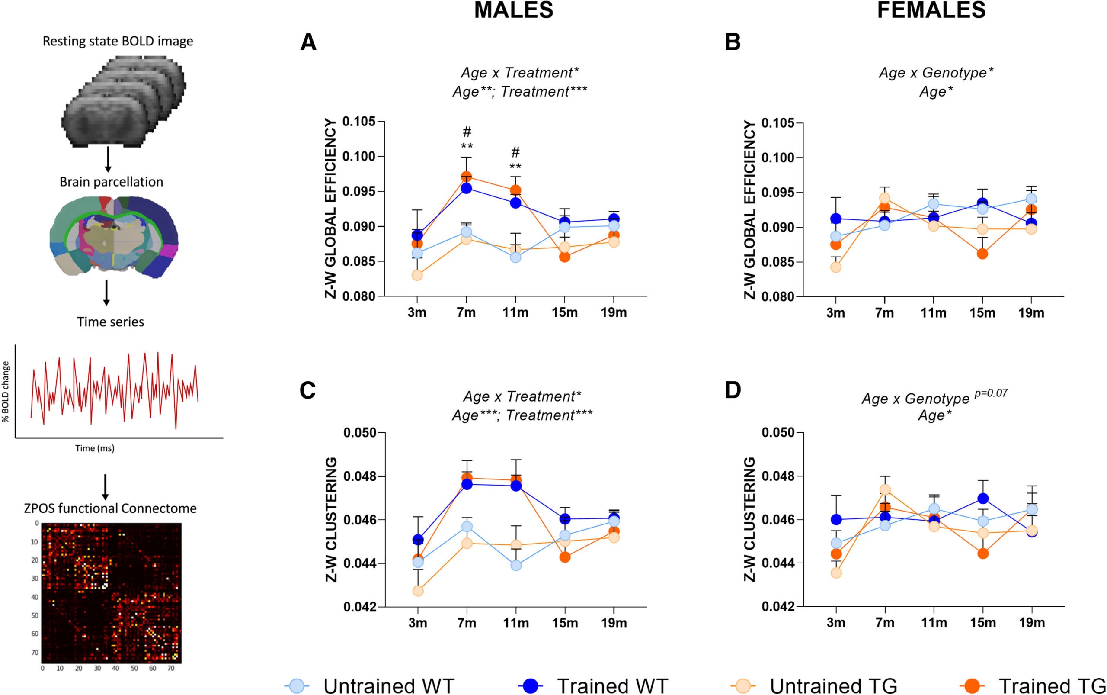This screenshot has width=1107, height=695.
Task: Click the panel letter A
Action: point(308,43)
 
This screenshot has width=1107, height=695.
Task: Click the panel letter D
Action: point(733,390)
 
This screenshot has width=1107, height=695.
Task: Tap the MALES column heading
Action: point(513,10)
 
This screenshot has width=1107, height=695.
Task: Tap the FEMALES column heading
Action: point(931,10)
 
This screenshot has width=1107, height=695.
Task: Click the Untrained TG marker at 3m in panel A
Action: point(417,275)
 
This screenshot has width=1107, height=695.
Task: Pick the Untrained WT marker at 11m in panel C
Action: point(516,565)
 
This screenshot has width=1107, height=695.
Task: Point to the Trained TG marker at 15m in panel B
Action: point(982,254)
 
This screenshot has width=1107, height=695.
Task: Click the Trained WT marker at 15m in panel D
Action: point(982,498)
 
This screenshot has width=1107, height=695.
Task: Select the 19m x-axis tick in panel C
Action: point(614,623)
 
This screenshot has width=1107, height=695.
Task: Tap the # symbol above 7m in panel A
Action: point(467,132)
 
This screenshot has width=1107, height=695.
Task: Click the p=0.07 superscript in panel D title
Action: point(990,393)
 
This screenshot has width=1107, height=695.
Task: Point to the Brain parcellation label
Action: point(111,182)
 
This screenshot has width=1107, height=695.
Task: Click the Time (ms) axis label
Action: point(95,448)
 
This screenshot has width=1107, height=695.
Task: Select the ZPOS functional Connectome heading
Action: point(110,508)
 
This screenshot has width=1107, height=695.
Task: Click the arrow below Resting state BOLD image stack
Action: point(108,161)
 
